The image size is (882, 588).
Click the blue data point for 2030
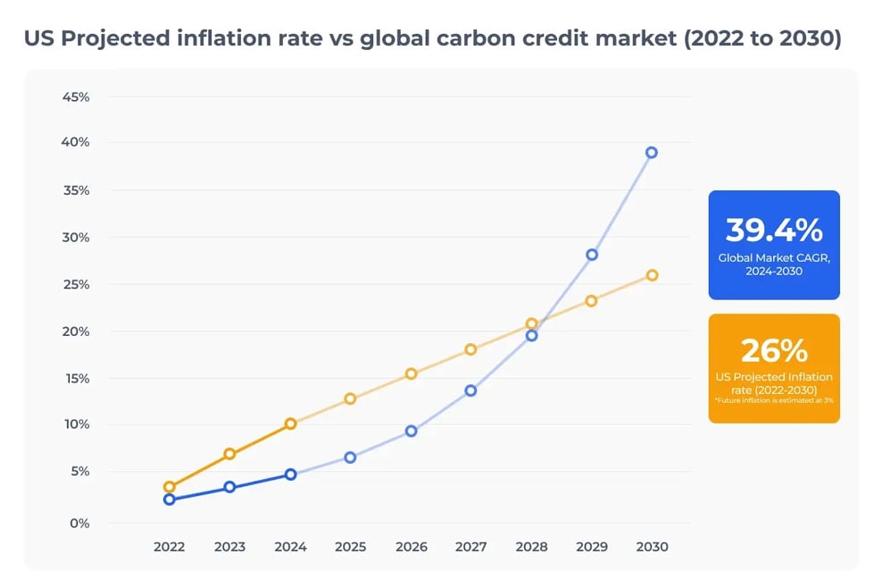click(x=652, y=153)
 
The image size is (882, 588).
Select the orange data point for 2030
click(x=652, y=275)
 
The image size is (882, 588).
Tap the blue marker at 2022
click(x=170, y=500)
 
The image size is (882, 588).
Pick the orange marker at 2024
click(x=290, y=424)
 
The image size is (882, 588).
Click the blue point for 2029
click(x=591, y=255)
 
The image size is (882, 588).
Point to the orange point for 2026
click(x=411, y=374)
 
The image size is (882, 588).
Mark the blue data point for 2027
click(x=470, y=391)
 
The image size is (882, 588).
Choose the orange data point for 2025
click(x=350, y=399)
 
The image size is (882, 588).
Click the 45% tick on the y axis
click(x=75, y=97)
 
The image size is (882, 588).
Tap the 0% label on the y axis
click(x=79, y=523)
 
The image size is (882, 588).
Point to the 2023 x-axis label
click(x=229, y=547)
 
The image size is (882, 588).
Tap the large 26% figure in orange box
click(x=773, y=349)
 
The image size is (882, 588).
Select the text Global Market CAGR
click(x=773, y=258)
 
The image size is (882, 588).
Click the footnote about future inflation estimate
click(x=773, y=401)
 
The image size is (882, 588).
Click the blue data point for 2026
click(x=411, y=431)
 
